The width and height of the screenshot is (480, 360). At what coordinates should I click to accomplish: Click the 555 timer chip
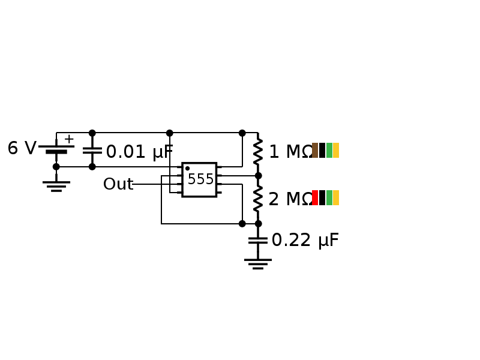pyautogui.click(x=199, y=179)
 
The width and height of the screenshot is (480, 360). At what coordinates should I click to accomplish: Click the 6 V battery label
pyautogui.click(x=22, y=149)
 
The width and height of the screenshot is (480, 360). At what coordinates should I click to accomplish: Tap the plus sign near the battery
pyautogui.click(x=69, y=139)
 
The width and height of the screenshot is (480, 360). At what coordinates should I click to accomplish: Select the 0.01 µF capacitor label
pyautogui.click(x=139, y=152)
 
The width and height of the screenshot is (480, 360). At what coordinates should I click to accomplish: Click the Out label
pyautogui.click(x=118, y=184)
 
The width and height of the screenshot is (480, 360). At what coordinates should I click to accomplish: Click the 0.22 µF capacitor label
pyautogui.click(x=305, y=241)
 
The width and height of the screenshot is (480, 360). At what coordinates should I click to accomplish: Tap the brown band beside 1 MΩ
pyautogui.click(x=315, y=151)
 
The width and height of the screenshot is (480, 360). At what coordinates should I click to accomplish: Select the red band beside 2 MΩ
pyautogui.click(x=315, y=198)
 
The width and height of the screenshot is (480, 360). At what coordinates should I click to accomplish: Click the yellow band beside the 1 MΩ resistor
pyautogui.click(x=336, y=151)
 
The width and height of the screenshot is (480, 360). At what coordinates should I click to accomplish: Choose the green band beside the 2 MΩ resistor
pyautogui.click(x=329, y=198)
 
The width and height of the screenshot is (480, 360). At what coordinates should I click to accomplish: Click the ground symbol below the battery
pyautogui.click(x=56, y=185)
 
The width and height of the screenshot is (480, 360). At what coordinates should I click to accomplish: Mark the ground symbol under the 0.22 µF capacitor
pyautogui.click(x=258, y=263)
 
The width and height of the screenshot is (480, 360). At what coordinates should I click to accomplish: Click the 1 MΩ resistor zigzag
pyautogui.click(x=258, y=151)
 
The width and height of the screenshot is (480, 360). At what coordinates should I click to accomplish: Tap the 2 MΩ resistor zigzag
pyautogui.click(x=258, y=199)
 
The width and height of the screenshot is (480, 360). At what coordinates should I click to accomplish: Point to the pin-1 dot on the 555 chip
pyautogui.click(x=187, y=169)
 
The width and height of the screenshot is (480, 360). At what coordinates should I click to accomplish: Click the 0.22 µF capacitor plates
pyautogui.click(x=258, y=240)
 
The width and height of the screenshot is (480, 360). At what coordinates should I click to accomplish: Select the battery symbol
pyautogui.click(x=56, y=149)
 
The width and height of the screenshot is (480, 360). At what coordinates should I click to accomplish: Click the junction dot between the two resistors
pyautogui.click(x=258, y=176)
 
